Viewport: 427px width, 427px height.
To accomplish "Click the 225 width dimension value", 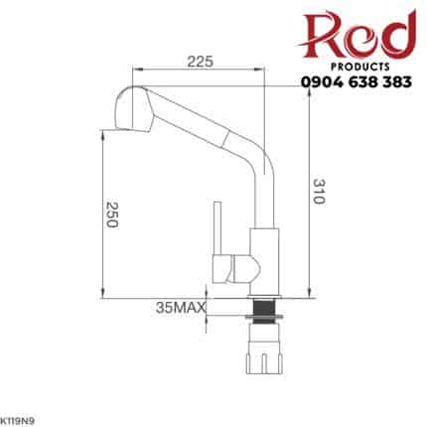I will (x=201, y=62).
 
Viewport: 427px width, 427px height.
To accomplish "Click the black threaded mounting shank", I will (x=264, y=315).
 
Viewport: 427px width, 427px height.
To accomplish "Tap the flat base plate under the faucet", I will (x=264, y=295).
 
